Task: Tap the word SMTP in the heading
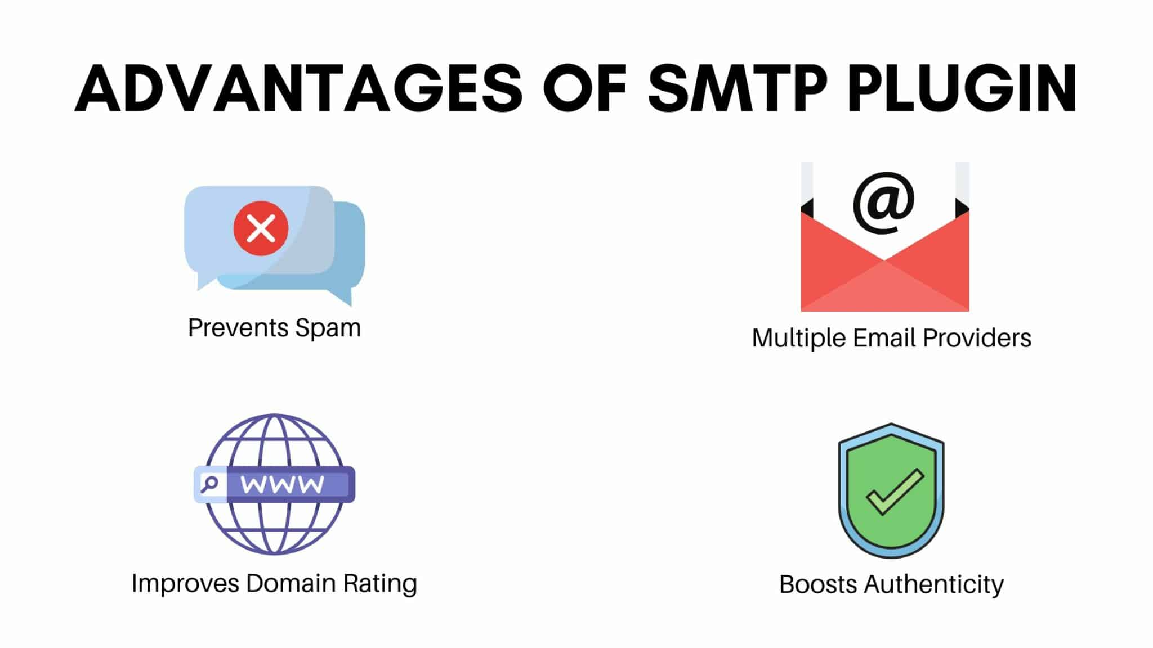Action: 738,89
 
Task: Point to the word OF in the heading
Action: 585,89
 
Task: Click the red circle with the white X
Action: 261,228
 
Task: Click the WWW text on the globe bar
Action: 283,484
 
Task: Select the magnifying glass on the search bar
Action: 209,484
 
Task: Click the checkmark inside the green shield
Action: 895,492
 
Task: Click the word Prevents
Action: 239,327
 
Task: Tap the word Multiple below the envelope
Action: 799,339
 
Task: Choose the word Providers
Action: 977,338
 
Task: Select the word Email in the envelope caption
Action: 884,338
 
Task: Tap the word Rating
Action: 381,584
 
